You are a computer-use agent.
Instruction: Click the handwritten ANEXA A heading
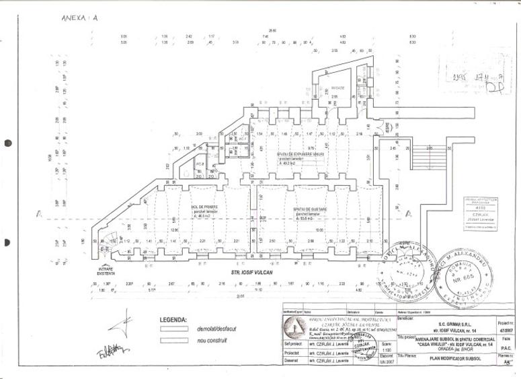[x=79, y=18]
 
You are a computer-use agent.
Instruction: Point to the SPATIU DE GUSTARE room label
[x=310, y=209]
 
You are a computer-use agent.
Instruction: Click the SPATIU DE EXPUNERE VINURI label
[x=300, y=154]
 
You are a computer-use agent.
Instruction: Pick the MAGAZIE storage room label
[x=337, y=88]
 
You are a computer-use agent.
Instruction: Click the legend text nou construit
[x=211, y=341]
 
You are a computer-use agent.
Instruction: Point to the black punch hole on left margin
[x=8, y=143]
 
